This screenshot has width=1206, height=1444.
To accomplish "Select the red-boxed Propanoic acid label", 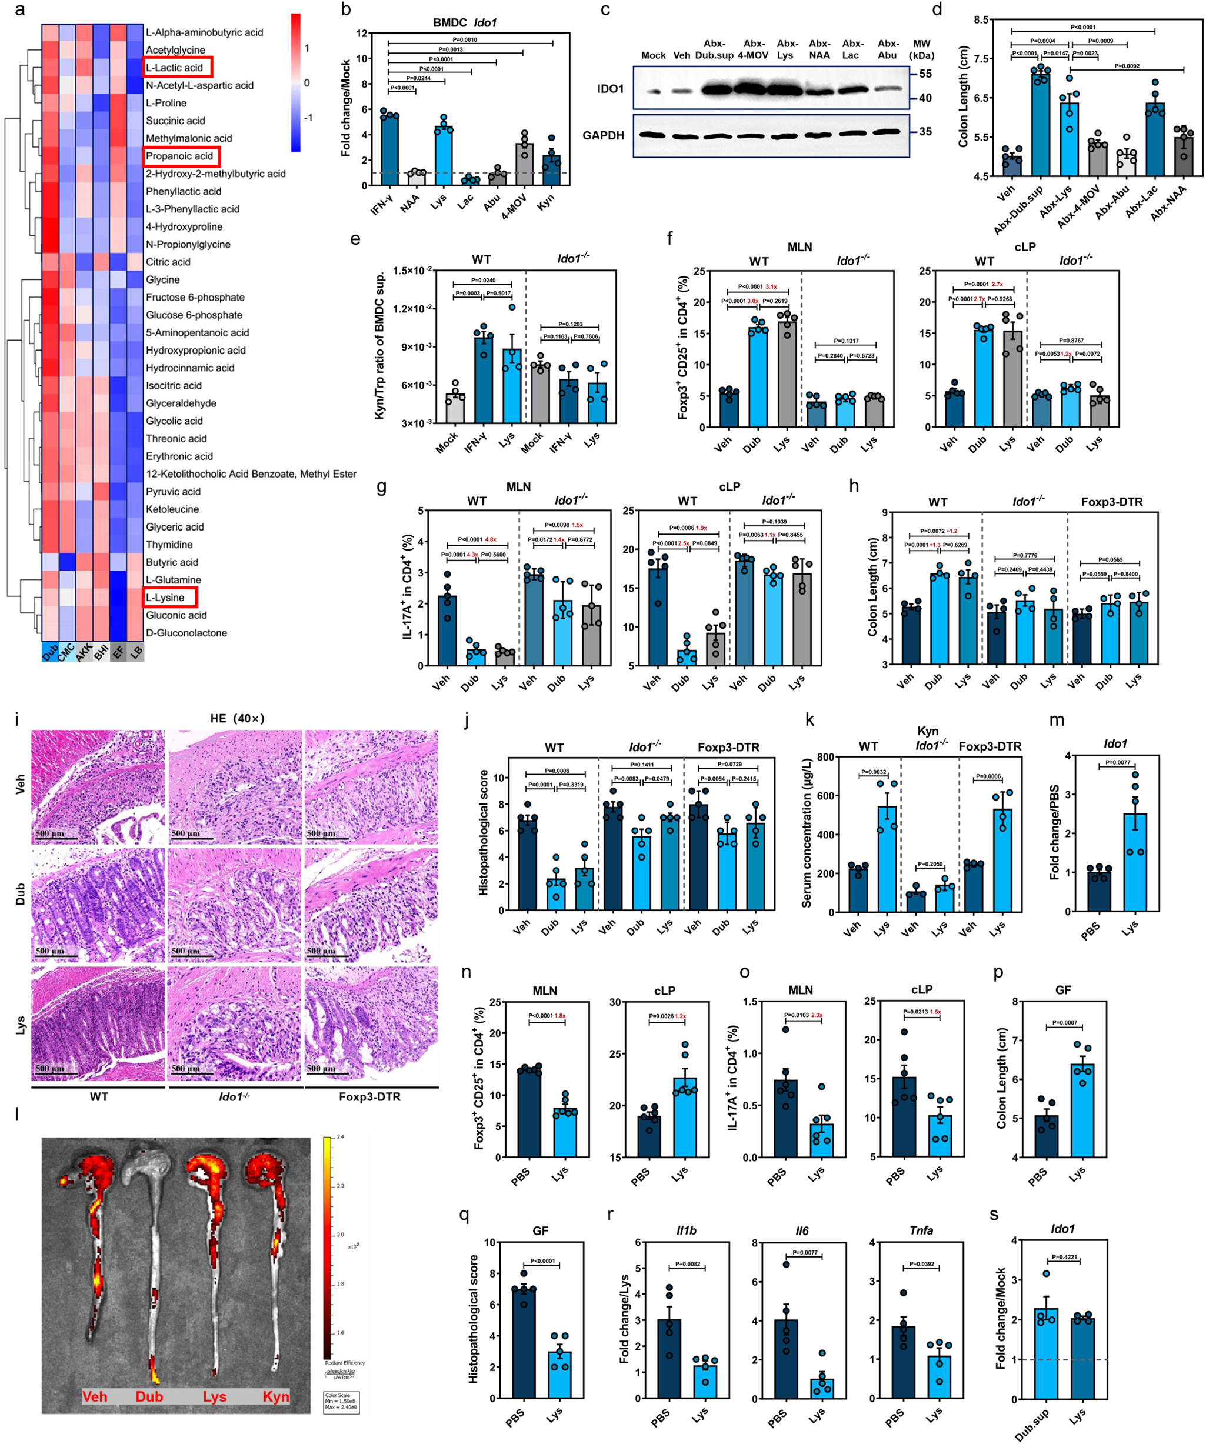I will coord(181,156).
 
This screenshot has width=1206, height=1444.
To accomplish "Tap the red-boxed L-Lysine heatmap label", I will coord(169,597).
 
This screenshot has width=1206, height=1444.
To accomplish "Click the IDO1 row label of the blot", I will coord(610,88).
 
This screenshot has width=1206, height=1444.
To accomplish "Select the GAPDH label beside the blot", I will coord(603,135).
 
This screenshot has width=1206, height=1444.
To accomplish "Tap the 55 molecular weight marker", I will coord(925,74).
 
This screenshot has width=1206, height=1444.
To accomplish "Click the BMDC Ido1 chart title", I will coord(464,23).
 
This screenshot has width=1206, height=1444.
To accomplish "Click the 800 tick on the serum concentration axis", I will coord(825,757).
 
